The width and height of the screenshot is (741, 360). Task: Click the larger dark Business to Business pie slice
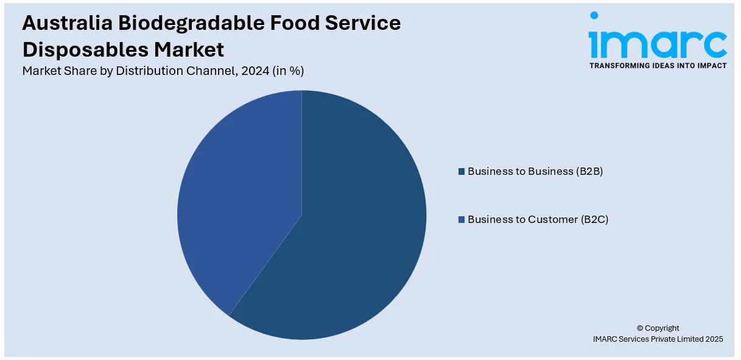pos(347,231)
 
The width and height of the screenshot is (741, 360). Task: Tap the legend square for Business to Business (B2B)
pos(462,172)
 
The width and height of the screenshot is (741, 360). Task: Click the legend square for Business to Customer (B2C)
pos(462,219)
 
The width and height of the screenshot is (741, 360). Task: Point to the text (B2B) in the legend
pos(589,171)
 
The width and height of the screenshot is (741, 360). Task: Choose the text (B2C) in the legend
pos(594,219)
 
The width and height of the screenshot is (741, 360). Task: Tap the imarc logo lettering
pos(658,43)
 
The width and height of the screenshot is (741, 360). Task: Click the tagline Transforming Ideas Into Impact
pos(658,66)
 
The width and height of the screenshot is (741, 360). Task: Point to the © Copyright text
pos(658,328)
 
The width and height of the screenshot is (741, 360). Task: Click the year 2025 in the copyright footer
pos(712,339)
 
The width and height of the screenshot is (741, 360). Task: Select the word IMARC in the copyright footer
pos(606,339)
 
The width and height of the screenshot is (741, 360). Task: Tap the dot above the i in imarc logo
pos(594,15)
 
